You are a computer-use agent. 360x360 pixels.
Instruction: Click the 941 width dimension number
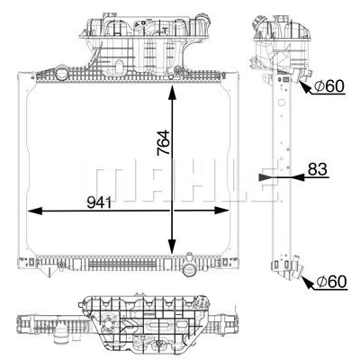[x=99, y=203]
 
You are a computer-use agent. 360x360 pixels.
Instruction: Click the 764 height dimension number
[x=164, y=142]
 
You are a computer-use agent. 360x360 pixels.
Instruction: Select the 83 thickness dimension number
[x=317, y=169]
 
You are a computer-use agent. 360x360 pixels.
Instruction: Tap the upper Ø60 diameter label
[x=329, y=86]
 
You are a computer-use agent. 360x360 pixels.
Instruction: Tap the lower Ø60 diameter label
[x=331, y=282]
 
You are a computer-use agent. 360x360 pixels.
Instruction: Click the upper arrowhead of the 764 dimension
[x=172, y=93]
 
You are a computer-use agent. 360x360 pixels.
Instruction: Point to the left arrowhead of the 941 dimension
[x=35, y=211]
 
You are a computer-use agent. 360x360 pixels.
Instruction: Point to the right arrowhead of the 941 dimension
[x=222, y=211]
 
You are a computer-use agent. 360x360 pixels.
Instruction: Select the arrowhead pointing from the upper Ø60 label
[x=305, y=86]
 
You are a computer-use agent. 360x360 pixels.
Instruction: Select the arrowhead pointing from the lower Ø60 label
[x=306, y=283]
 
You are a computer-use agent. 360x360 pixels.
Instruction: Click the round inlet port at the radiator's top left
[x=62, y=73]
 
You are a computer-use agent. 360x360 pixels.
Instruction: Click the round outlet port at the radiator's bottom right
[x=189, y=269]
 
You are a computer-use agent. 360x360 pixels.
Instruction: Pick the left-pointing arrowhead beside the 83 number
[x=297, y=177]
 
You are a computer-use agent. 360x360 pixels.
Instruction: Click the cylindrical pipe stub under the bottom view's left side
[x=61, y=332]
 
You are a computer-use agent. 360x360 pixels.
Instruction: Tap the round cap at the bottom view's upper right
[x=202, y=301]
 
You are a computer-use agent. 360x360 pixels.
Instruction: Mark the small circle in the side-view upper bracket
[x=281, y=103]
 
